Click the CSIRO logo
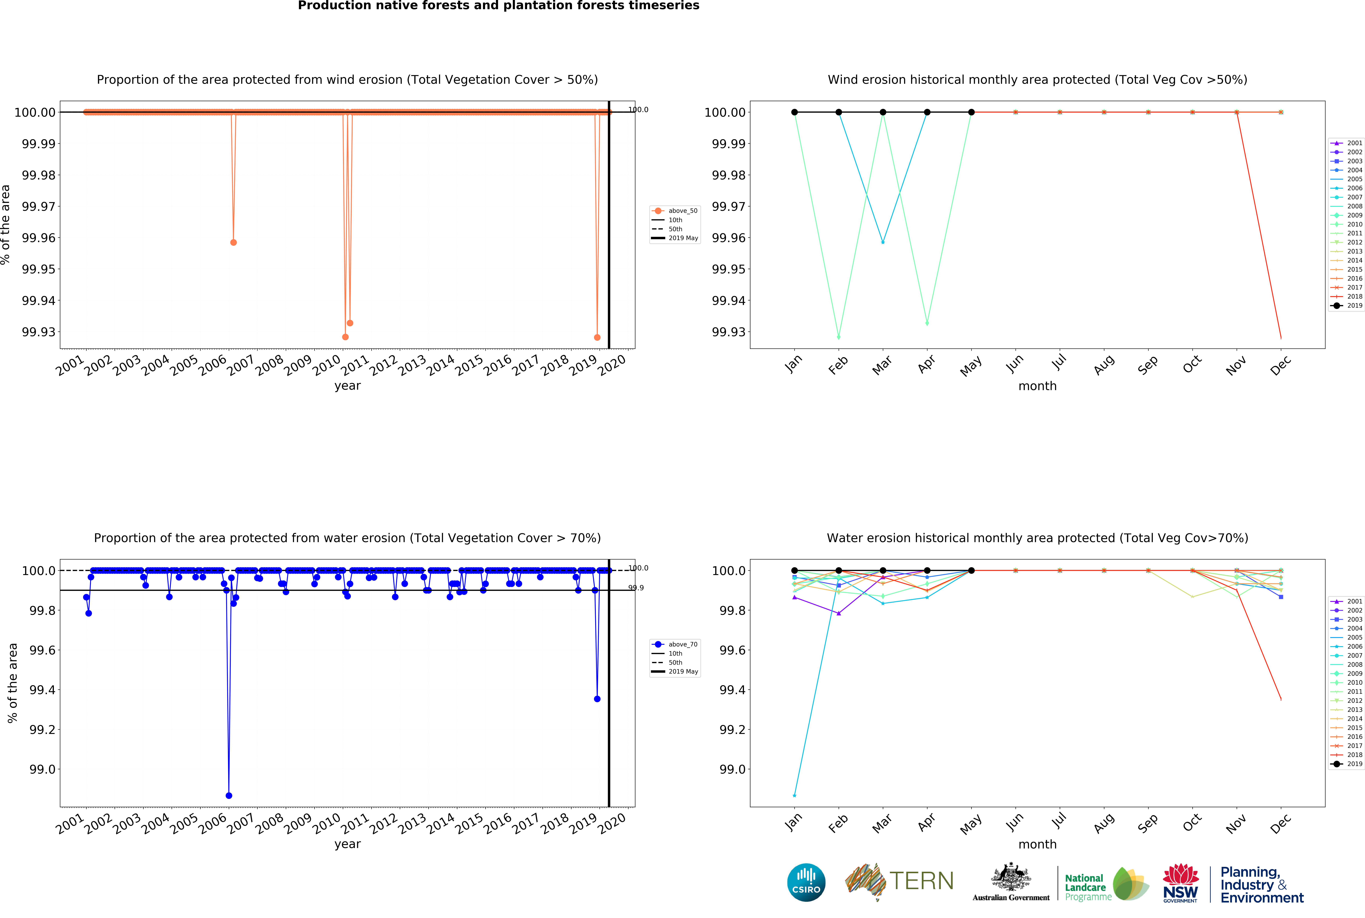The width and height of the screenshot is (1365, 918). [806, 882]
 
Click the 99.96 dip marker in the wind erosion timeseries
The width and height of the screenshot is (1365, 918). [233, 242]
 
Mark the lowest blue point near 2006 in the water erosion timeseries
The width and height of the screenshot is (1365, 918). [229, 796]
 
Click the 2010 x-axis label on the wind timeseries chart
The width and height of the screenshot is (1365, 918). [326, 366]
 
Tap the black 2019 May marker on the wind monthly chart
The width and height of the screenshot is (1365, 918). [971, 112]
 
